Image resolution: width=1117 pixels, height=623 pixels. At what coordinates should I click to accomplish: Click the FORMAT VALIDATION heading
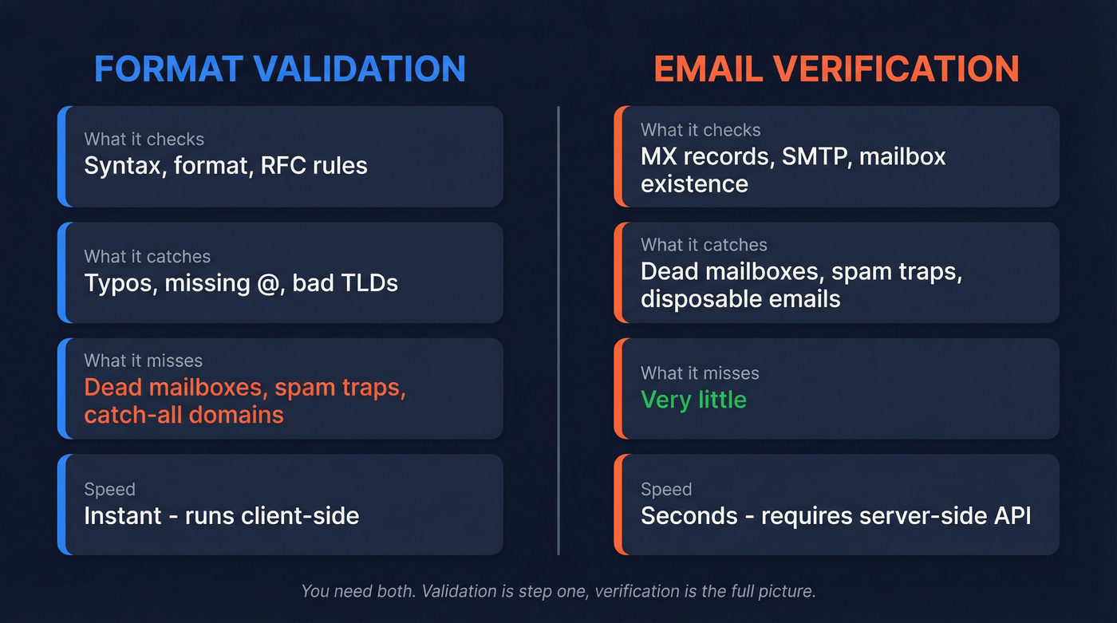[x=280, y=69]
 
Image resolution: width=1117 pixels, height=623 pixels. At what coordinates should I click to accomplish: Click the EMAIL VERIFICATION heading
[x=836, y=69]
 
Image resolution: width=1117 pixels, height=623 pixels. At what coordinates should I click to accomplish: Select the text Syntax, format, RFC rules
[x=226, y=166]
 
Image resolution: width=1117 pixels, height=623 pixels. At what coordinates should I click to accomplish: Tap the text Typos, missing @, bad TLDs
[x=241, y=283]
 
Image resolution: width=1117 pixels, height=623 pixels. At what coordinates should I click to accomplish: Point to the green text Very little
[x=693, y=399]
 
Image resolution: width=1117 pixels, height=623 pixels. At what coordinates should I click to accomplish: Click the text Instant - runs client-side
[x=222, y=515]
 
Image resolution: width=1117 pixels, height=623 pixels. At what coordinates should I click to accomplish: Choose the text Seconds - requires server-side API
[x=835, y=515]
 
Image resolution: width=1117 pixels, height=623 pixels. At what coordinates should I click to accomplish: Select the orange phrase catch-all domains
[x=184, y=415]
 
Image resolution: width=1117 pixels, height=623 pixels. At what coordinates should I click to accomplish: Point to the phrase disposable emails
[x=740, y=299]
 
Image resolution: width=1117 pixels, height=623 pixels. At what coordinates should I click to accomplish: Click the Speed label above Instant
[x=109, y=489]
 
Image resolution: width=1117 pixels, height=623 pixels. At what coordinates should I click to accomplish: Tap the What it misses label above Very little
[x=700, y=373]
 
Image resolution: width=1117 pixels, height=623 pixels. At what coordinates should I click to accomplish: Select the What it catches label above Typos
[x=147, y=256]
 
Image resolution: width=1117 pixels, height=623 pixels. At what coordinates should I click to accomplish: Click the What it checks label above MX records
[x=701, y=130]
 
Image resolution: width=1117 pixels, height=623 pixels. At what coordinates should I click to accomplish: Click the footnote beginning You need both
[x=558, y=592]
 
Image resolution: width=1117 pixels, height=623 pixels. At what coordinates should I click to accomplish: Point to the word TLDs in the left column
[x=368, y=283]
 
